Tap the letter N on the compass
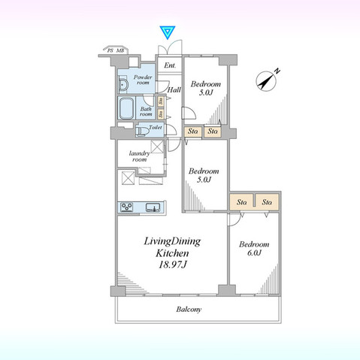pos(277,71)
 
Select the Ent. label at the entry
pos(170,66)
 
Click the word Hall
pos(174,90)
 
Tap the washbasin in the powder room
pos(125,82)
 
